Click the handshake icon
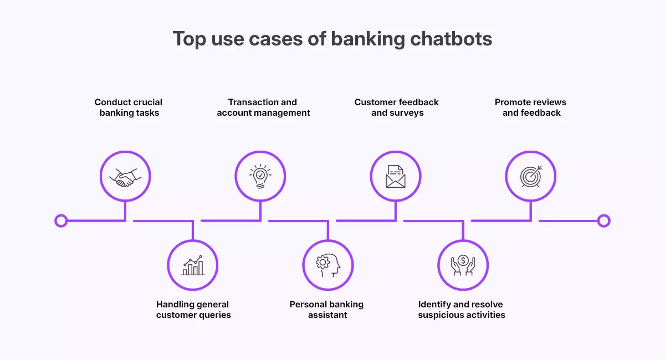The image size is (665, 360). [x=125, y=177]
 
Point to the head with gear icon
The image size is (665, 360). [x=328, y=265]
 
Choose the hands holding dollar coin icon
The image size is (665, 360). [x=463, y=265]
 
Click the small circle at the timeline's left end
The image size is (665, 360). [x=61, y=221]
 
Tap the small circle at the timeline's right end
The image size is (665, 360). [x=604, y=221]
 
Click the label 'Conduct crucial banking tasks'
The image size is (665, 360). [x=129, y=107]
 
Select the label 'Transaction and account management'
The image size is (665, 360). [x=263, y=107]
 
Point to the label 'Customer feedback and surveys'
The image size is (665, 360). [x=397, y=107]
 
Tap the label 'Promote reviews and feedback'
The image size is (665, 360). [x=531, y=107]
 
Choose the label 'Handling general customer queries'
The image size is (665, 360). [x=193, y=310]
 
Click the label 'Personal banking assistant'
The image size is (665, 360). [x=327, y=310]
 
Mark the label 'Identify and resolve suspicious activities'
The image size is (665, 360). [x=461, y=310]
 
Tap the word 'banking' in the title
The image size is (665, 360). [x=359, y=39]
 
